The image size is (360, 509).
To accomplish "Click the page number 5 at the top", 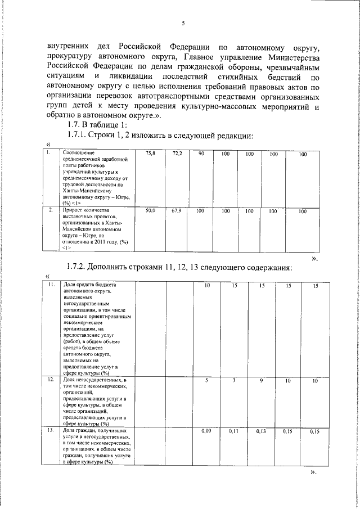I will point(183,23).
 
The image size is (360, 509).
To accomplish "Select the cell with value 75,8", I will point(150,153).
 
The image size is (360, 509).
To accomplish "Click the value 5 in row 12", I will point(206,381).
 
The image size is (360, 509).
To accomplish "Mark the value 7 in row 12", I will point(235,381).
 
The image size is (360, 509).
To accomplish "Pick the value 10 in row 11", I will point(206,286).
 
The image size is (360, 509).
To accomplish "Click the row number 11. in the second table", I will point(51,285).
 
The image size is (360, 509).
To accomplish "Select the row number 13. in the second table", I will point(51,430).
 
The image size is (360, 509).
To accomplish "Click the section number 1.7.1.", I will point(80,135).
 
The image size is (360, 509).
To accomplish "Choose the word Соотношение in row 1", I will point(79,152).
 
